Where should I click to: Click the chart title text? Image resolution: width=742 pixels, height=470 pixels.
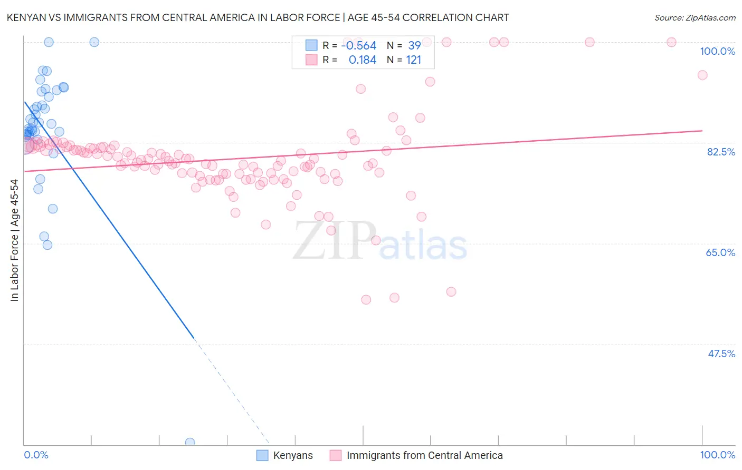pos(258,17)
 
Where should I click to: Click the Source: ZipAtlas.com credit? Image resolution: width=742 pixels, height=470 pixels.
pos(695,17)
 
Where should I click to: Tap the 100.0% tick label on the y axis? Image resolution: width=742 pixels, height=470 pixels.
pos(717,51)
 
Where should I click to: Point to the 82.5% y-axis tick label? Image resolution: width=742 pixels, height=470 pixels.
pos(721,152)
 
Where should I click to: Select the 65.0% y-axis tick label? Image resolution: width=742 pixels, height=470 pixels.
pos(720,252)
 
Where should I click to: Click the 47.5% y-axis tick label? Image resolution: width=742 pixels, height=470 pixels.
pos(721,354)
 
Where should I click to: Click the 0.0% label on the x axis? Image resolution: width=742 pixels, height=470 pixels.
pos(36,455)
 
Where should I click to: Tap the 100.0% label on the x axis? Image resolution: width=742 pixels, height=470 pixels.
pos(717,455)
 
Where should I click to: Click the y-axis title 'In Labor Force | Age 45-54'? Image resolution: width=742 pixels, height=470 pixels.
pos(14,240)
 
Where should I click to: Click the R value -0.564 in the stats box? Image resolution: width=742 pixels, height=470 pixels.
pos(359,46)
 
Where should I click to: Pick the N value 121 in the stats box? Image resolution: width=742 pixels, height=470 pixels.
pos(414,60)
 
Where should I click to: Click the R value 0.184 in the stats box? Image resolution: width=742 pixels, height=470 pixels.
pos(363,60)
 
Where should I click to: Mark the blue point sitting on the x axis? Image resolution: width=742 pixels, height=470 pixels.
pos(190,443)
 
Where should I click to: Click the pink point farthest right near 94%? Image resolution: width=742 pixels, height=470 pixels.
pos(702,75)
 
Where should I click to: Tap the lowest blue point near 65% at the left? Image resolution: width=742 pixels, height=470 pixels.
pos(47,245)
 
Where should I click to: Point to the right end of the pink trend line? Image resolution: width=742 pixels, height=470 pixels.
pos(702,130)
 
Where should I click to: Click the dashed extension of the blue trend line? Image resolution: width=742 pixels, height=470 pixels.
pos(232,393)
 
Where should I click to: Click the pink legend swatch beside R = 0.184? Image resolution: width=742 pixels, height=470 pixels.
pos(311,60)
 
